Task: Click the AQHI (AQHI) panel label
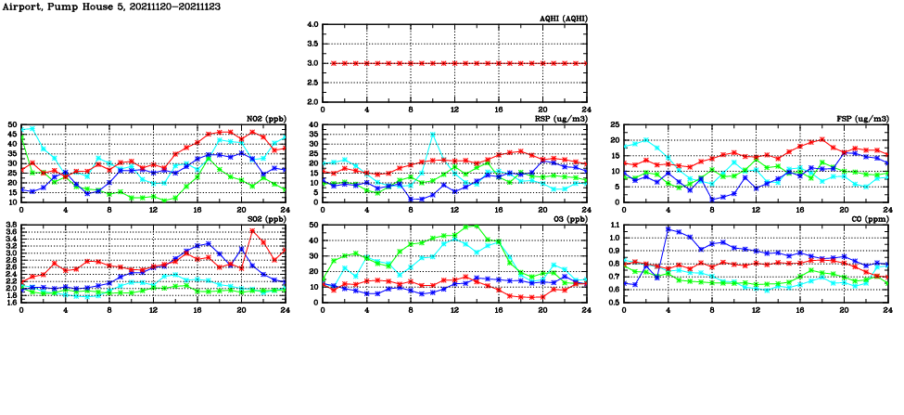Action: click(x=564, y=19)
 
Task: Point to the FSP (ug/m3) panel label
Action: click(x=862, y=119)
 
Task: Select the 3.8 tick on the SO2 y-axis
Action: click(x=10, y=226)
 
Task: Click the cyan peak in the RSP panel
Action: click(x=432, y=134)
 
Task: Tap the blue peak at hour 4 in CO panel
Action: click(x=668, y=228)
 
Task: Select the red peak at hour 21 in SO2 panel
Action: click(x=252, y=231)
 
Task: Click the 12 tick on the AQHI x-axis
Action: click(x=454, y=110)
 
